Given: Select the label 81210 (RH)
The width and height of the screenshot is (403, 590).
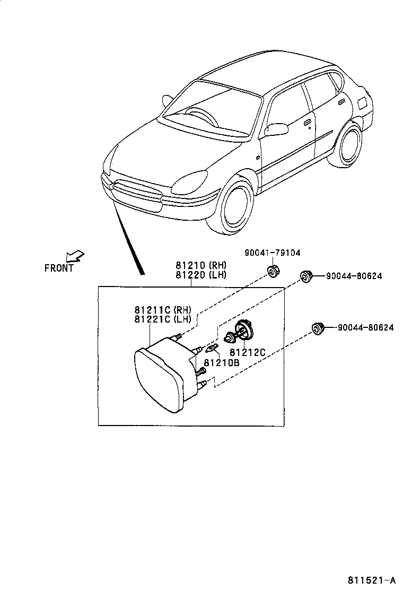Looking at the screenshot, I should [x=201, y=265].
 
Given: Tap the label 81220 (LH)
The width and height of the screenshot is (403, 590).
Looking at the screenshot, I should [x=201, y=274].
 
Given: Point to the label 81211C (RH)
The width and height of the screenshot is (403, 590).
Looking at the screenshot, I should [x=162, y=310].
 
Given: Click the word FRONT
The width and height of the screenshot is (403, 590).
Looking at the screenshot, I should [x=59, y=268].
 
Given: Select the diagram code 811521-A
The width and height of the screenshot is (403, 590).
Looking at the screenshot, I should [x=372, y=579].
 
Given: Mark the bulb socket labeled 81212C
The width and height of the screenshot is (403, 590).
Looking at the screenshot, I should [x=242, y=331].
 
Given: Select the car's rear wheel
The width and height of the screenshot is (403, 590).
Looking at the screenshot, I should [x=351, y=146].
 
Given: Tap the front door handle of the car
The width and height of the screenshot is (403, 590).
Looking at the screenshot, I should [x=307, y=123].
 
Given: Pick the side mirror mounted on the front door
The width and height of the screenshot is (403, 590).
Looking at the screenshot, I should [x=277, y=128].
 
